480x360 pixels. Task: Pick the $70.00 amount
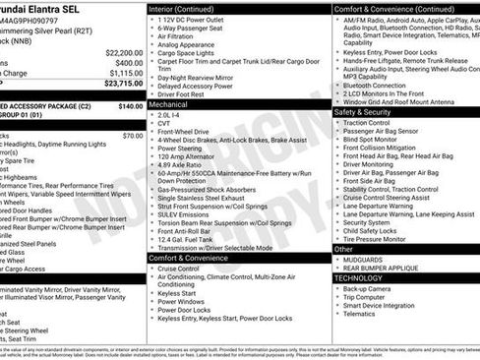coord(133,136)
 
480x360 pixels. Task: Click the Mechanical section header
coord(169,102)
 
